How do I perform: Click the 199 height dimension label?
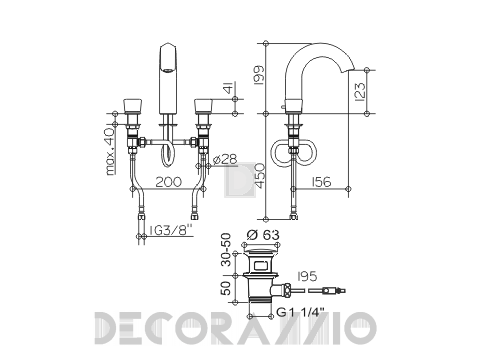(x=259, y=75)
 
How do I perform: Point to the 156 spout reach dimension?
(x=321, y=182)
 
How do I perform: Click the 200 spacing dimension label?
(x=169, y=182)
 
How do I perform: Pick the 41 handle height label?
(x=230, y=88)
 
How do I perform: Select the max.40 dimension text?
(x=110, y=151)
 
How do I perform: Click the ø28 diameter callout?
(x=225, y=160)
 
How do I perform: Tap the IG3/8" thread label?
(x=171, y=230)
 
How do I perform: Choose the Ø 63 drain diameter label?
(x=263, y=235)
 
